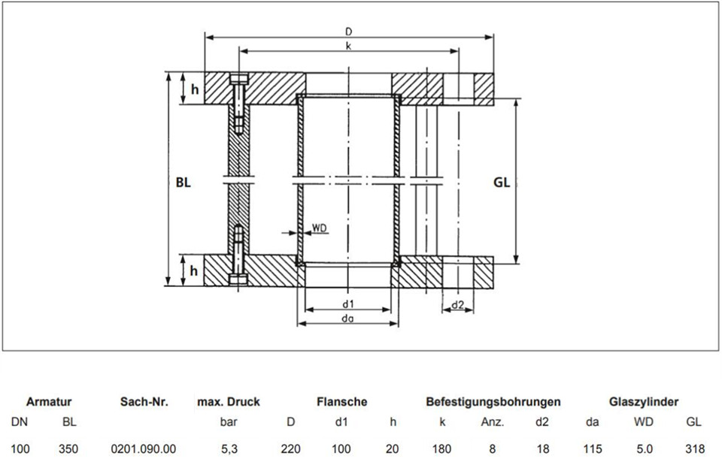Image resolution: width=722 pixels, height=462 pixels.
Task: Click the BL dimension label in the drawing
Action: [184, 183]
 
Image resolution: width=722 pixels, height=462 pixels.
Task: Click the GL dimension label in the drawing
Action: [502, 183]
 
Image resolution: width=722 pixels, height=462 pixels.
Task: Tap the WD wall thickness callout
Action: [319, 228]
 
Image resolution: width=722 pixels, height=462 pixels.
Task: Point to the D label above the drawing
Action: [348, 32]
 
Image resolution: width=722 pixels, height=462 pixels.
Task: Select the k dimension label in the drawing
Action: [348, 46]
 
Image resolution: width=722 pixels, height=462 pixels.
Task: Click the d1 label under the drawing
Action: [348, 303]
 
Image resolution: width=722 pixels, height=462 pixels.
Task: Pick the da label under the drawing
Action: [348, 319]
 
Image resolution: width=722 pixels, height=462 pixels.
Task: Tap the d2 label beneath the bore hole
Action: [458, 305]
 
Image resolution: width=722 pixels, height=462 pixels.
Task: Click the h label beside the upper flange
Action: [196, 89]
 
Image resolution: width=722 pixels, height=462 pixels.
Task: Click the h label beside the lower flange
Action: [194, 270]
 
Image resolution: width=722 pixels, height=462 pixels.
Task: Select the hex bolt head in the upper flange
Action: [238, 78]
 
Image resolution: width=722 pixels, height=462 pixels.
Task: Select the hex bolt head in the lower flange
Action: [238, 279]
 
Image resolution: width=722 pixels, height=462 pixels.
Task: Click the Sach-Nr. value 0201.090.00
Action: [144, 448]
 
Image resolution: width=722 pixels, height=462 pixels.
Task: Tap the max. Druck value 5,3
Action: [229, 448]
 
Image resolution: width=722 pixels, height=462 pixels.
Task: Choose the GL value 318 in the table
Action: [695, 448]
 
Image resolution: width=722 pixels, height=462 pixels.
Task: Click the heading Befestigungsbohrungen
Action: [493, 402]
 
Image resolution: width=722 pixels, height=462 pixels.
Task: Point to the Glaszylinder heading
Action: [644, 402]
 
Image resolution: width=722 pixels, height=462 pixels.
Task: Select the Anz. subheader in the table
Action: [492, 422]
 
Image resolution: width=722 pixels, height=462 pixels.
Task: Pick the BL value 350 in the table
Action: [68, 448]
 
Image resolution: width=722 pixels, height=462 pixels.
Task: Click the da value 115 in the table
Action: [592, 448]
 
